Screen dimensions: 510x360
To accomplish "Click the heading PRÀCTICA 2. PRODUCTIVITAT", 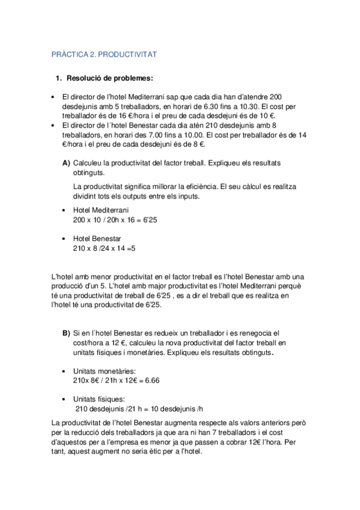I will coord(104,54).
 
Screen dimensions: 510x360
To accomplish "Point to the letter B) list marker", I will coord(66,332).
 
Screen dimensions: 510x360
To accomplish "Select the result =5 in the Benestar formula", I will coord(132,247).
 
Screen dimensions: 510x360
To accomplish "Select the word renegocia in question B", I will coord(261,332).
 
